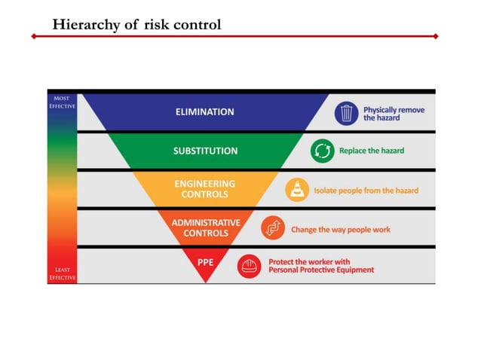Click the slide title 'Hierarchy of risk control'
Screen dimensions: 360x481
(x=136, y=24)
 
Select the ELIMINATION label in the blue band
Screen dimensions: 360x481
(x=205, y=111)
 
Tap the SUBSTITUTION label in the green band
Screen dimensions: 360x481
(x=205, y=151)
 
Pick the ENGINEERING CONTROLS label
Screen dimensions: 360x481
(x=205, y=189)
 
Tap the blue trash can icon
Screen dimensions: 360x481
(x=346, y=113)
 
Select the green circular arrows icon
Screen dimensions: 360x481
(x=322, y=151)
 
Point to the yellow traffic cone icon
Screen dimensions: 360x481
(x=297, y=190)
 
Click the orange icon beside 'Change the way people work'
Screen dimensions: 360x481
(x=272, y=228)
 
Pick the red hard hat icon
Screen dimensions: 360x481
(x=249, y=266)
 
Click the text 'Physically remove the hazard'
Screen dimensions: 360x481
(x=394, y=114)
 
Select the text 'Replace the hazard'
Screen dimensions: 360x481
(x=372, y=151)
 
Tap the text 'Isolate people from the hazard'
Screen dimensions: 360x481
(x=366, y=191)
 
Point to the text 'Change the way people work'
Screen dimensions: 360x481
(x=341, y=229)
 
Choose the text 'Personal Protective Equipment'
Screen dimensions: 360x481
(x=321, y=270)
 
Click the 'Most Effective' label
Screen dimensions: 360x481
(x=63, y=102)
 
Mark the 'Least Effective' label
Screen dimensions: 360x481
(x=63, y=273)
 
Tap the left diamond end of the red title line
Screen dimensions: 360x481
(x=33, y=36)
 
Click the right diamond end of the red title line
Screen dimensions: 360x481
(x=437, y=36)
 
